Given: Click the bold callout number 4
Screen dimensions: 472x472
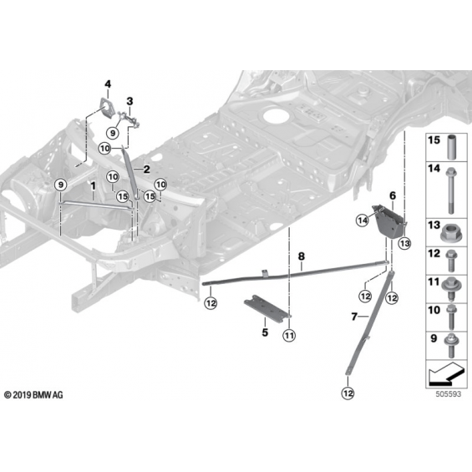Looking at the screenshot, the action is tap(108, 84).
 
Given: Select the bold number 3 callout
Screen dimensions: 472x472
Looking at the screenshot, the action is tap(129, 101).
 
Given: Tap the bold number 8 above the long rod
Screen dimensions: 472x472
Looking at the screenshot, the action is tap(302, 256).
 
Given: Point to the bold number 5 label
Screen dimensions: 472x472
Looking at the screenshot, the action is tap(265, 332).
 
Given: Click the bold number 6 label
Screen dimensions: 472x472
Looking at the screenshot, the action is tap(393, 195).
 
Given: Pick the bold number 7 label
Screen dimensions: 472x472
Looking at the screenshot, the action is tap(354, 317).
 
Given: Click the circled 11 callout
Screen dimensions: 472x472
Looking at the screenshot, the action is tap(289, 335).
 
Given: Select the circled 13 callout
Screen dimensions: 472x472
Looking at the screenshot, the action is tap(405, 243).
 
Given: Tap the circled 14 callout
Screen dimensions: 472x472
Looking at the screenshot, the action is tap(363, 221).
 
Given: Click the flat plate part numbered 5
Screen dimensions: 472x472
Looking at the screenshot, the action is tap(264, 308).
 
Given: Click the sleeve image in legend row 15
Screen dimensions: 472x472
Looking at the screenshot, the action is tap(451, 148).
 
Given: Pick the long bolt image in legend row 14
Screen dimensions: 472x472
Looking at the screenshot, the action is tap(451, 190).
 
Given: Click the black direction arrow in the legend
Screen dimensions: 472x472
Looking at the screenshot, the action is tap(446, 373).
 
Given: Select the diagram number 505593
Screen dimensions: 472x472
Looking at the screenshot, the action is tap(449, 393).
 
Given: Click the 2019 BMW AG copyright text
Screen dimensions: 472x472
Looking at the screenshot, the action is tap(33, 394).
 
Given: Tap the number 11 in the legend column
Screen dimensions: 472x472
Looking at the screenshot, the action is tap(434, 282).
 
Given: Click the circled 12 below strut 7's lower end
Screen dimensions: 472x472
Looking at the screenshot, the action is tap(348, 393).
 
